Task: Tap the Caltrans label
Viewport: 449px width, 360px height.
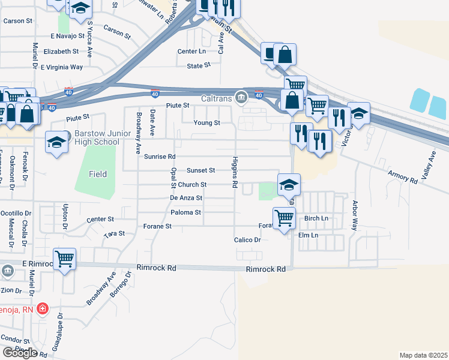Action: coord(217,97)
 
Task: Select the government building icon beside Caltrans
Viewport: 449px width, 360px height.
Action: coord(241,97)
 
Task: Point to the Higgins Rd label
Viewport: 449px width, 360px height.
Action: coord(233,172)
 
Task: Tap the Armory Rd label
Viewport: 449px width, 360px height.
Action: coord(403,176)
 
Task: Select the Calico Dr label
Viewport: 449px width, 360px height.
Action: coord(247,239)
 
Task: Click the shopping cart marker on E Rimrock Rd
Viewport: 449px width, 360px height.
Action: coord(65,259)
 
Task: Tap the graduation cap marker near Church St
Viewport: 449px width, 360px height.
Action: coord(289,185)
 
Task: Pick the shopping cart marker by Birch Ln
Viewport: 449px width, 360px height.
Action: coord(283,218)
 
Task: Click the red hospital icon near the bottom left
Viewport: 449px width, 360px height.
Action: coord(43,309)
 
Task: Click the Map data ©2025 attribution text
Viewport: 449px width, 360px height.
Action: coord(423,355)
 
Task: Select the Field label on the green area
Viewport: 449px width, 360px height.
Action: coord(98,174)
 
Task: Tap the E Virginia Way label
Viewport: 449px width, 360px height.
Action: coord(62,67)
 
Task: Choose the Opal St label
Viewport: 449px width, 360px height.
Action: coord(173,178)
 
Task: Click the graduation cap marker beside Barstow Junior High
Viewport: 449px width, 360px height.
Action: coord(56,143)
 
